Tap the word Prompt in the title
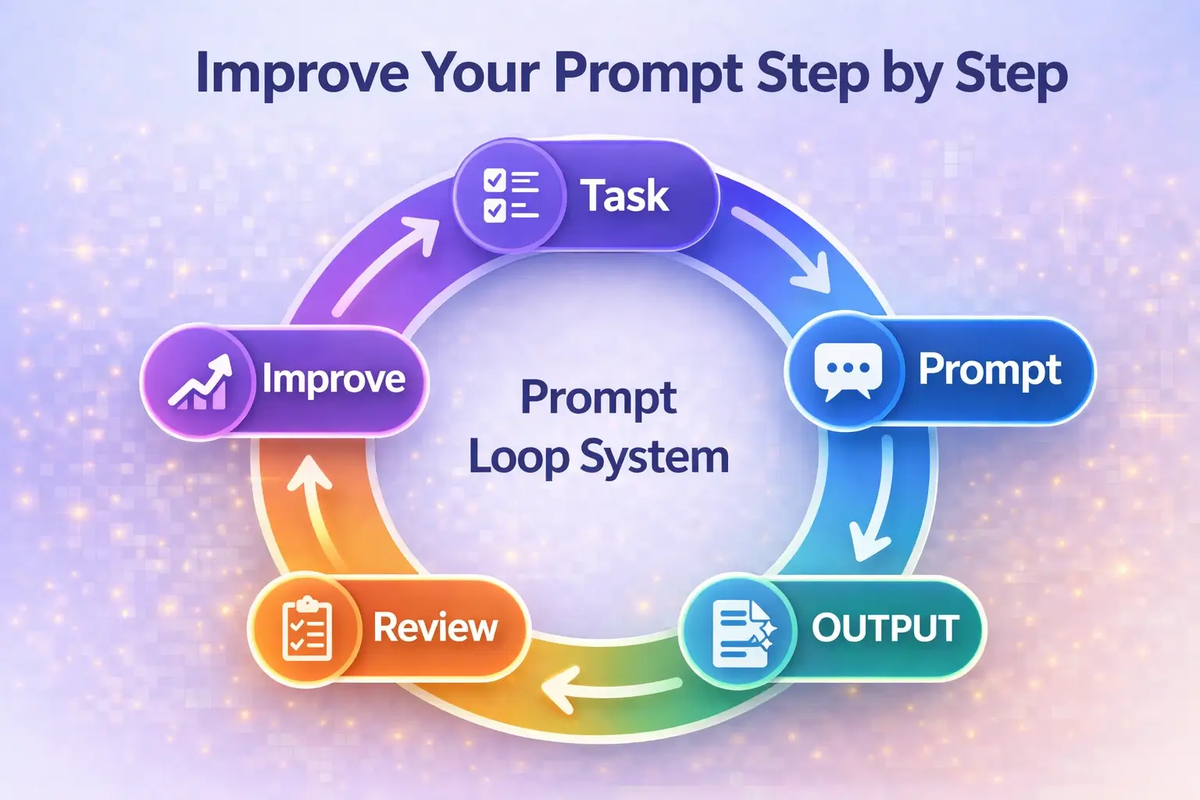(x=648, y=74)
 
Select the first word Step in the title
(x=812, y=74)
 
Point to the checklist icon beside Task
(x=510, y=195)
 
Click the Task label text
(x=624, y=195)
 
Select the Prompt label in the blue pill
(x=989, y=369)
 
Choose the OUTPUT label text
(x=885, y=628)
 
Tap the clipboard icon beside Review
(x=306, y=630)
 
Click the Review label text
(x=435, y=627)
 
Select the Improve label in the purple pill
(x=334, y=380)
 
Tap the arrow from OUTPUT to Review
(x=609, y=687)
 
